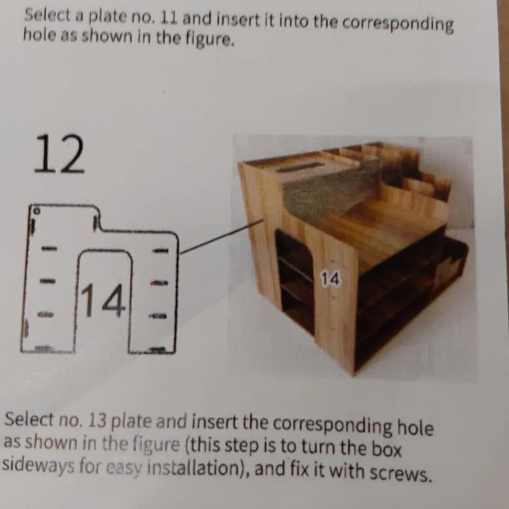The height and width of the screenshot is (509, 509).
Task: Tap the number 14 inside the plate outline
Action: [103, 301]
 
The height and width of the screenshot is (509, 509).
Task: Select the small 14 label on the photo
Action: [330, 278]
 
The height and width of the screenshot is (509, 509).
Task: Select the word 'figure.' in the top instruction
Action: [208, 39]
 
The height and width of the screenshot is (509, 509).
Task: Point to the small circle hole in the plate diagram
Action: [36, 210]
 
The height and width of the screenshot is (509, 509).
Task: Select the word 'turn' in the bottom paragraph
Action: [315, 447]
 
